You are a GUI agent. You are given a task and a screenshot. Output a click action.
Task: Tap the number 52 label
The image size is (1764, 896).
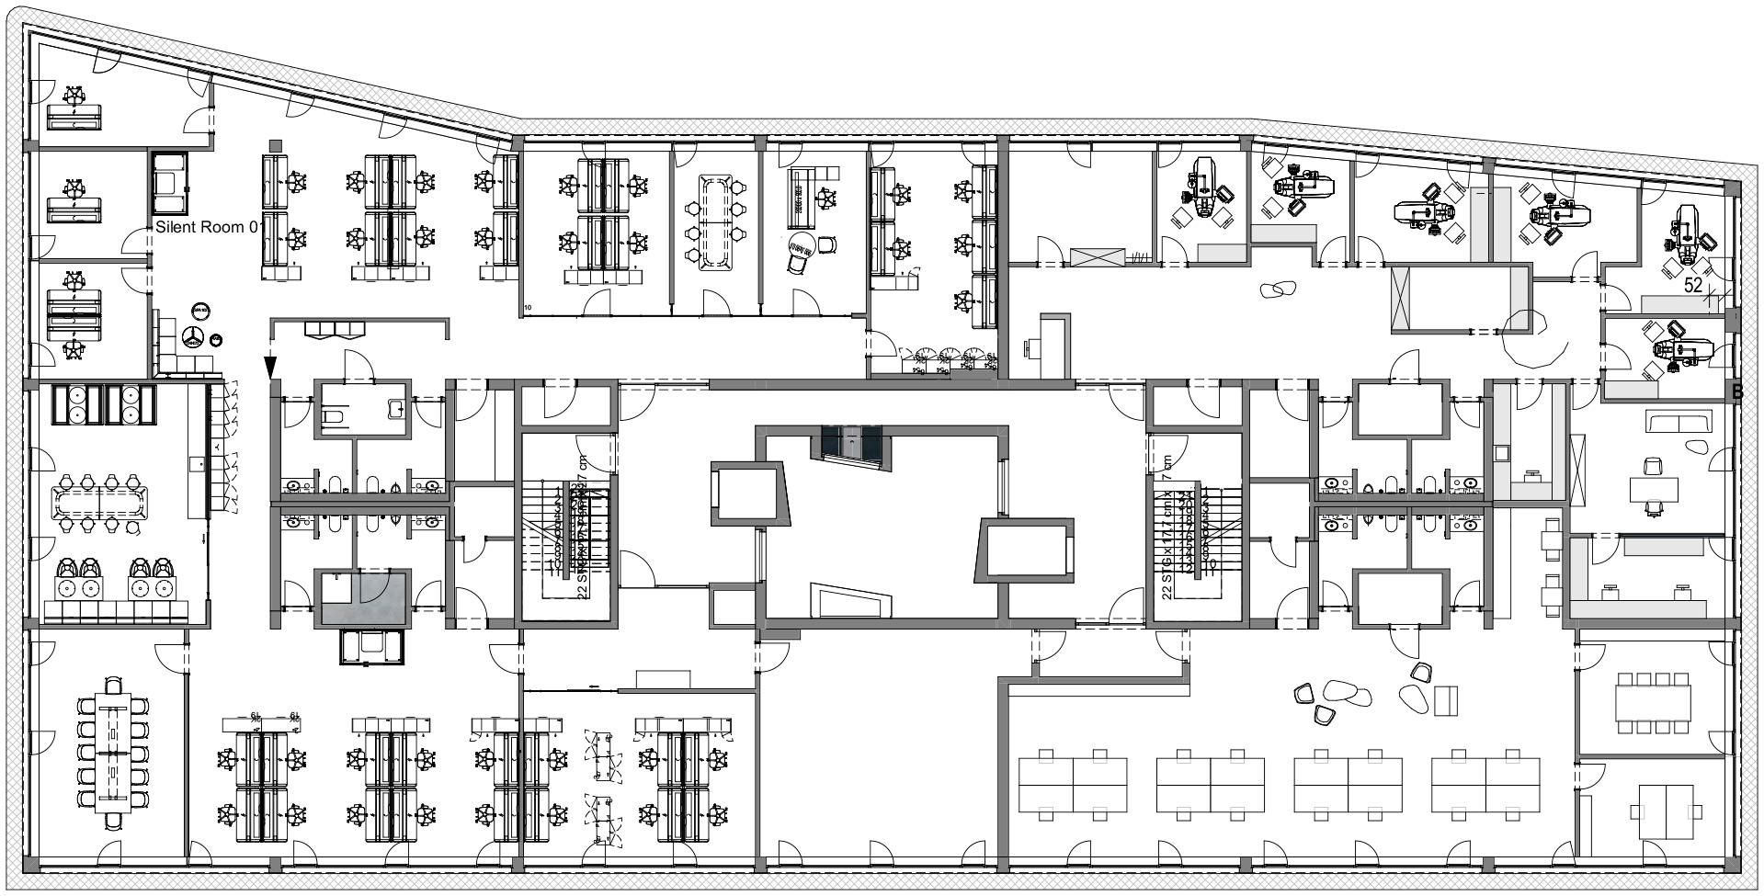(x=1693, y=286)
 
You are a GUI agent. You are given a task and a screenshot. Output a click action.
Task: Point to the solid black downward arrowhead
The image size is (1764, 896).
(x=270, y=368)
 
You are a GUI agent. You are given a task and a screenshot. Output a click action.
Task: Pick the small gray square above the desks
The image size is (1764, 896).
(x=275, y=144)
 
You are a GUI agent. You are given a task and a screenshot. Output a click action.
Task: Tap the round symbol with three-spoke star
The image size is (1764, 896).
(x=194, y=336)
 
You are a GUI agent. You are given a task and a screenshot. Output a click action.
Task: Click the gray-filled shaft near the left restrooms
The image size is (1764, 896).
(x=363, y=597)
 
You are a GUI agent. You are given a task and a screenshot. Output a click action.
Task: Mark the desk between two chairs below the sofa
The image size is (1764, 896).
(x=1653, y=489)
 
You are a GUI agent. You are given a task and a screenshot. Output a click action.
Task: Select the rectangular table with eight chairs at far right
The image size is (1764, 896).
(x=1652, y=704)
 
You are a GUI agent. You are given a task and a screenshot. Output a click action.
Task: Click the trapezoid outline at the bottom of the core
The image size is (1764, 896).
(x=851, y=602)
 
